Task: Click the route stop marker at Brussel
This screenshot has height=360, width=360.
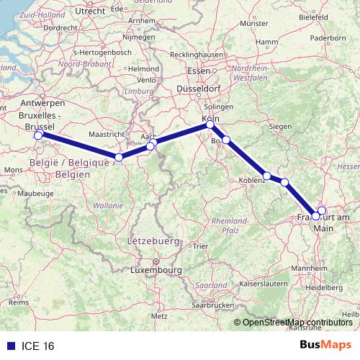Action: pos(38,135)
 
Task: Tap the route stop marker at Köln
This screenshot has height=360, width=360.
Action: pos(210,125)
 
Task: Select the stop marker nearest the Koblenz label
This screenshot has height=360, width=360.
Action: pos(267,176)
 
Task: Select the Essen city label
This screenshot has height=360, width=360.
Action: pos(197,71)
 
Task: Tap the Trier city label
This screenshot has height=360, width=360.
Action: pos(199,246)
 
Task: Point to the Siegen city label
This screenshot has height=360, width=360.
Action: pos(280,127)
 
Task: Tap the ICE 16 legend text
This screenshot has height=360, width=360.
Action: pos(37,346)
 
